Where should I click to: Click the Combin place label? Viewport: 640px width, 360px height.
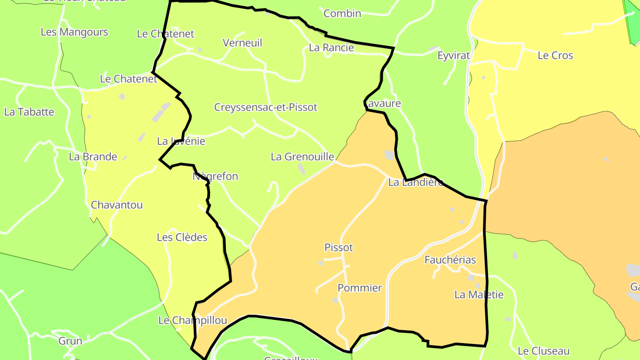tap(342, 13)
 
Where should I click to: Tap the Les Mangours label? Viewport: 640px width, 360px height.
tap(74, 32)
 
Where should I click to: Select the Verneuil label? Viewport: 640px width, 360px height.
tap(242, 43)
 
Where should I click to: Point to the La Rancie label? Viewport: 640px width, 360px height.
tap(332, 48)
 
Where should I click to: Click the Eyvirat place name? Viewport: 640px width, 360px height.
tap(453, 56)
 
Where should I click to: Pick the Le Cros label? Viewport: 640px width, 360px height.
tap(555, 56)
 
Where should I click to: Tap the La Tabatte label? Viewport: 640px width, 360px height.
tap(29, 112)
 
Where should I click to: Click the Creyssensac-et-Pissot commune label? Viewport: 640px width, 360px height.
tap(266, 107)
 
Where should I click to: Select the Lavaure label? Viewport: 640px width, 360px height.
tap(383, 104)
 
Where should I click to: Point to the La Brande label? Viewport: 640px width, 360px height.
tap(93, 156)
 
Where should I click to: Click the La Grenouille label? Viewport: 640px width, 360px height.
tap(302, 156)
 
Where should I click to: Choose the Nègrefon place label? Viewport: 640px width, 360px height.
tap(216, 176)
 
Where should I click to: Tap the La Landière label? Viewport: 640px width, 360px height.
tap(416, 182)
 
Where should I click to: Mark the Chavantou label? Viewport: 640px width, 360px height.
tap(116, 205)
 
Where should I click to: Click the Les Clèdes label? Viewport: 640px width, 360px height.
tap(182, 237)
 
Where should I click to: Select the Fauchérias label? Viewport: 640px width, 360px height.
tap(450, 260)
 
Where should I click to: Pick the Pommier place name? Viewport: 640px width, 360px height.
tap(360, 288)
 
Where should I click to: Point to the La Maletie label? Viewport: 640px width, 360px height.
tap(479, 294)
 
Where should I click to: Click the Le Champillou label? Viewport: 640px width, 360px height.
tap(192, 320)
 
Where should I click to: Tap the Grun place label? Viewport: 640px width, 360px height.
tap(70, 341)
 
